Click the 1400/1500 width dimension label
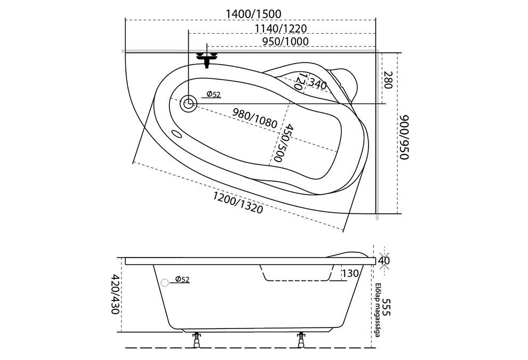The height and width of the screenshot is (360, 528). (x=253, y=14)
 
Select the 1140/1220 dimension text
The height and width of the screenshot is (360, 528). (x=281, y=29)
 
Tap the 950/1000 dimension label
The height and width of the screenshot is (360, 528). (x=285, y=42)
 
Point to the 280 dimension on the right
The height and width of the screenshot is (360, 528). (x=388, y=80)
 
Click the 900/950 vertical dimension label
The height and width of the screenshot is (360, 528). (x=404, y=138)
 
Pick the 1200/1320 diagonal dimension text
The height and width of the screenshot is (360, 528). (x=238, y=202)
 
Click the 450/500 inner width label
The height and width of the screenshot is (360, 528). (x=282, y=143)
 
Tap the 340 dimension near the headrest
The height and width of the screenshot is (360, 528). (x=318, y=84)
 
